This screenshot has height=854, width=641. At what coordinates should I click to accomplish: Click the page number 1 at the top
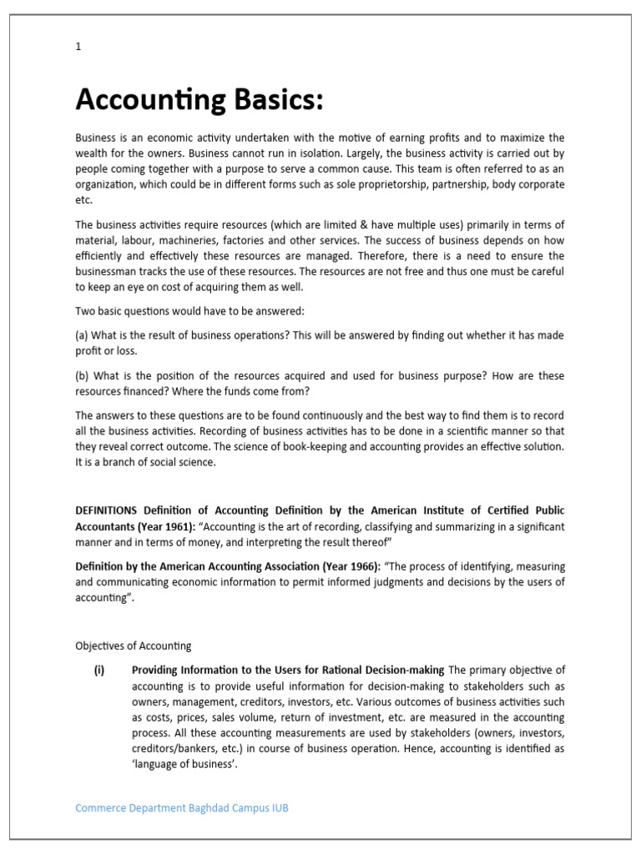click(x=78, y=47)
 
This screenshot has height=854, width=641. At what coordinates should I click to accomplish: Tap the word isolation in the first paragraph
click(x=299, y=153)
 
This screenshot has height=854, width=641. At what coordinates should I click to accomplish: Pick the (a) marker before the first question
click(x=83, y=334)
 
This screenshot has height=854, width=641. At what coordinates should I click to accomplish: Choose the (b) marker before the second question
click(x=83, y=376)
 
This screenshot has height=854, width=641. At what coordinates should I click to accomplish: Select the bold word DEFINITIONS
click(x=107, y=510)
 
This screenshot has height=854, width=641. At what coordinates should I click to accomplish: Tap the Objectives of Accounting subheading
click(x=134, y=646)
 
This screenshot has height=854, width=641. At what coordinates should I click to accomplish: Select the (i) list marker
click(x=99, y=670)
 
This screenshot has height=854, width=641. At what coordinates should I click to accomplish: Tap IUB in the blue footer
click(x=279, y=808)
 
